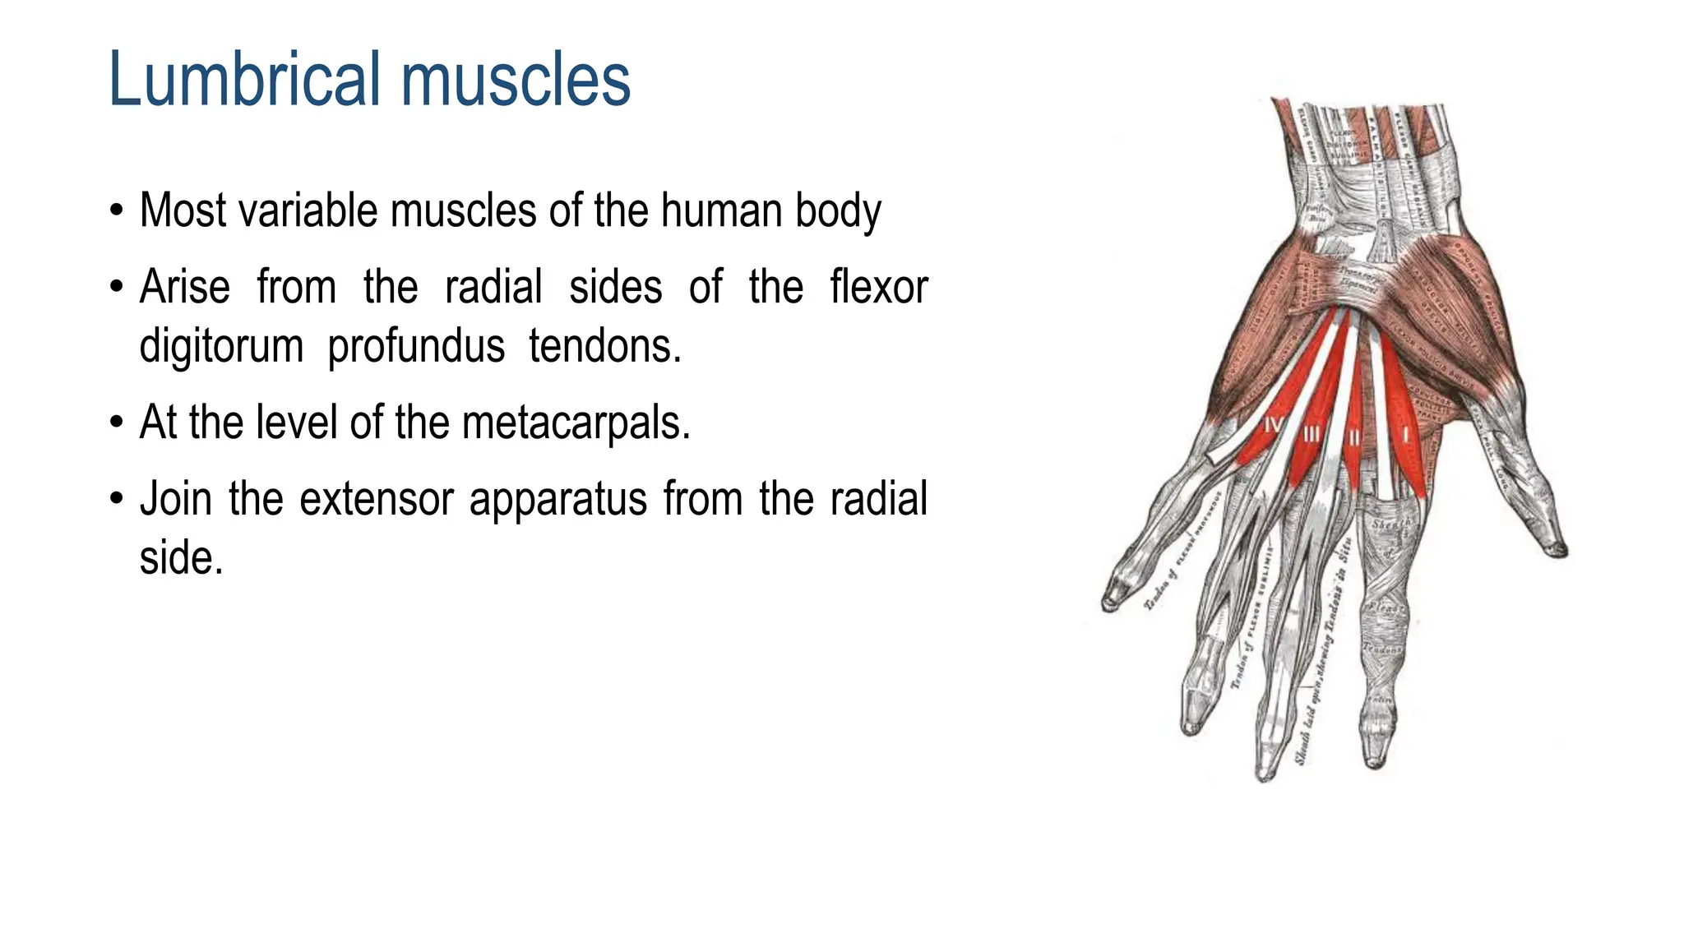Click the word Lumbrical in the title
pyautogui.click(x=248, y=80)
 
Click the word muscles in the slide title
pyautogui.click(x=516, y=80)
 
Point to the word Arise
pyautogui.click(x=185, y=287)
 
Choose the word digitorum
pyautogui.click(x=221, y=346)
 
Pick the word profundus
pyautogui.click(x=416, y=346)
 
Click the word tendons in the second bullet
pyautogui.click(x=604, y=346)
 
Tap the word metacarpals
pyautogui.click(x=575, y=423)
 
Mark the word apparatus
pyautogui.click(x=558, y=499)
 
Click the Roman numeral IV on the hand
pyautogui.click(x=1272, y=426)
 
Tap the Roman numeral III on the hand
pyautogui.click(x=1312, y=433)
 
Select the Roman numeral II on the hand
pyautogui.click(x=1353, y=438)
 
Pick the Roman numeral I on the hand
pyautogui.click(x=1405, y=434)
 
